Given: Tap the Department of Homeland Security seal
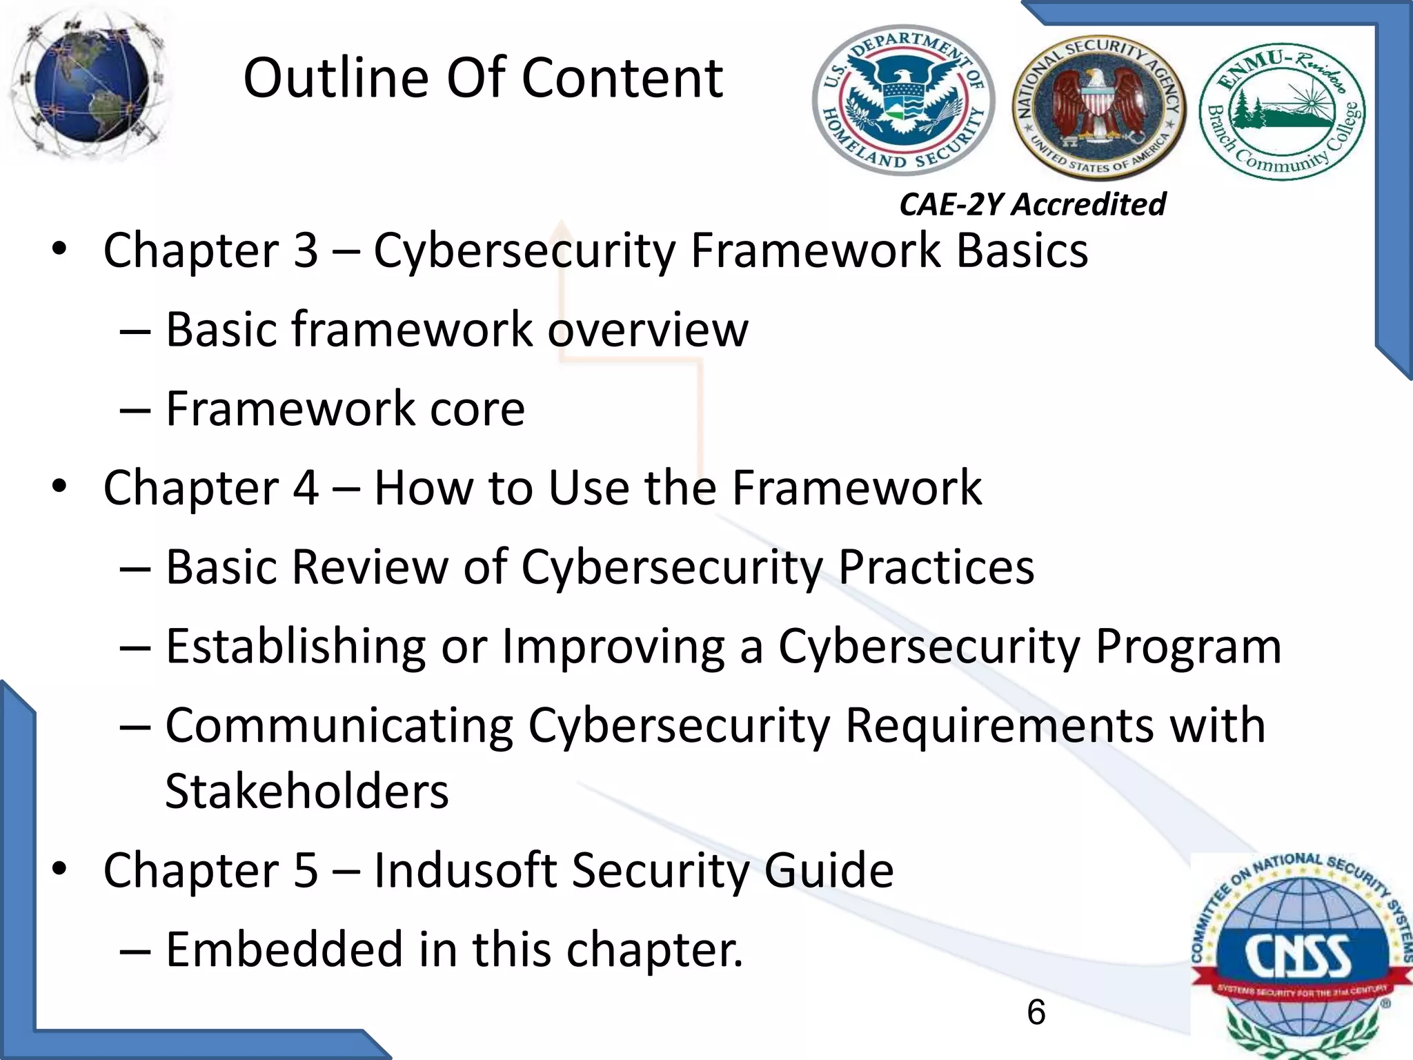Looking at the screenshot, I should point(903,100).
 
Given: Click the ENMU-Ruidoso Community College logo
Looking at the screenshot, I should point(1282,111).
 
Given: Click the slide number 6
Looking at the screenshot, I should point(1036,1012).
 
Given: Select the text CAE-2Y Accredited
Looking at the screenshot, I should point(1032,204).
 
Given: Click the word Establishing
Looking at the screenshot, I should point(296,647).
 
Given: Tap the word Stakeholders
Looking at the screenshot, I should point(307,791).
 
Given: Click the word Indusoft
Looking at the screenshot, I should point(465,870).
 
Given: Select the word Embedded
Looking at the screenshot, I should point(284,950).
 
